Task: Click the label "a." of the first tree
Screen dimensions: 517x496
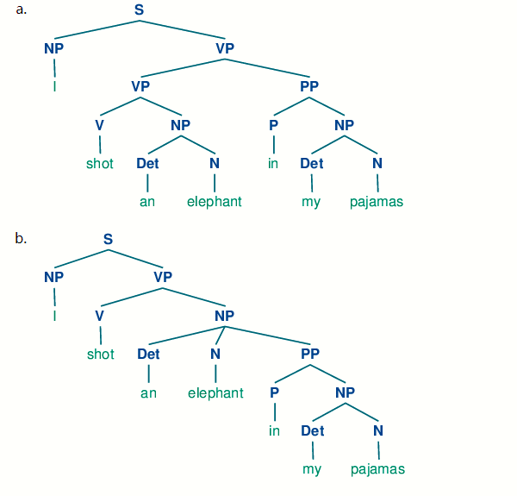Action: click(22, 9)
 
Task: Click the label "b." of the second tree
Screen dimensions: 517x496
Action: click(22, 239)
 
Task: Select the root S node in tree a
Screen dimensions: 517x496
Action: click(140, 10)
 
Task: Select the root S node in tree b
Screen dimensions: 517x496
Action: click(108, 239)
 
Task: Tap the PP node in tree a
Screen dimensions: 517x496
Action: click(309, 86)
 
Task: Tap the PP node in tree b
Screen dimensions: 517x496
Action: click(310, 354)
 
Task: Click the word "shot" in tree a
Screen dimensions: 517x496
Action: click(100, 164)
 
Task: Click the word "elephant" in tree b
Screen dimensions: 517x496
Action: click(215, 393)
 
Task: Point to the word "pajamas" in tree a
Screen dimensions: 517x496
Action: click(377, 203)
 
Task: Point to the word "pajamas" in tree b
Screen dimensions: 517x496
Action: click(377, 469)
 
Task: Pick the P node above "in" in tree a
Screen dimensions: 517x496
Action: click(273, 125)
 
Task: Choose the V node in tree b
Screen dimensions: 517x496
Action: click(100, 316)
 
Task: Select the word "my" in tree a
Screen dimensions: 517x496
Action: click(311, 203)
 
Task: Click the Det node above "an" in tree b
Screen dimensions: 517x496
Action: click(148, 354)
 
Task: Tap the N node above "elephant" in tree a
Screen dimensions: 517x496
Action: click(215, 164)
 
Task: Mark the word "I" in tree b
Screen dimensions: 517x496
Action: click(54, 316)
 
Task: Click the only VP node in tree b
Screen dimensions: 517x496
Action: click(163, 277)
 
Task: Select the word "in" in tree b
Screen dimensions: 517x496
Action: click(274, 431)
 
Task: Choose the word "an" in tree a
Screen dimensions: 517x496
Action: click(147, 203)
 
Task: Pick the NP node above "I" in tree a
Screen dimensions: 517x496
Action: click(53, 48)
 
